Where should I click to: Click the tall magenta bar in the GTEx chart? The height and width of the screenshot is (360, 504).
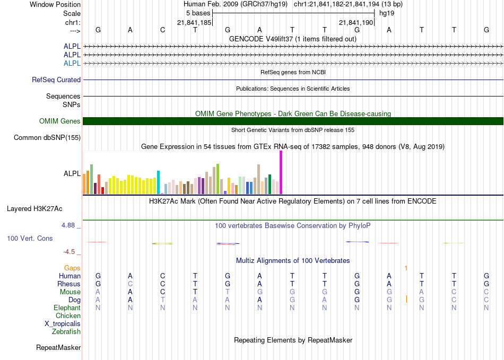point(281,172)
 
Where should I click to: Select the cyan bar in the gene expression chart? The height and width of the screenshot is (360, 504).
point(158,182)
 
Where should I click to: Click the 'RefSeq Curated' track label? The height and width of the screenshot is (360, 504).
point(56,80)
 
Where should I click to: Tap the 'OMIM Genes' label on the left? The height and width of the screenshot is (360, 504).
point(60,121)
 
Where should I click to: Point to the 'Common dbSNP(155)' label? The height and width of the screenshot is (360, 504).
point(47,137)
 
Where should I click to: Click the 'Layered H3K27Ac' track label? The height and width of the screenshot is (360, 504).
point(34,209)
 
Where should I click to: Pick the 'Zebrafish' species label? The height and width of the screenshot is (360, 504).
point(66,332)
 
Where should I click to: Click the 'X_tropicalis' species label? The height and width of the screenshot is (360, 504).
point(63,324)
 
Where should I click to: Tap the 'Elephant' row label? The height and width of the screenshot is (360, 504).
point(67,308)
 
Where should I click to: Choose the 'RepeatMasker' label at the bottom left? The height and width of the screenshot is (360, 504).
point(58,347)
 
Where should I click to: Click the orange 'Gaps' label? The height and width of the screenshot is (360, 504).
point(72,268)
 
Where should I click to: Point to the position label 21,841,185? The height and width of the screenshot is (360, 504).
point(194,22)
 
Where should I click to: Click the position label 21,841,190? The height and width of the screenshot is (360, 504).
point(356,22)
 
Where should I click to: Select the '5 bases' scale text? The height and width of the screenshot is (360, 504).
point(198,13)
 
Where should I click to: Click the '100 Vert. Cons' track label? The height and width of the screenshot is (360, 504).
point(30,238)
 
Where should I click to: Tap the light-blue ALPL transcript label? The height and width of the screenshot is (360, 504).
point(72,63)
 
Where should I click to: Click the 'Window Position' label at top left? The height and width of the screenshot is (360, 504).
point(55,4)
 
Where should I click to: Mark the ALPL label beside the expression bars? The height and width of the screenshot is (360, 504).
point(72,173)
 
